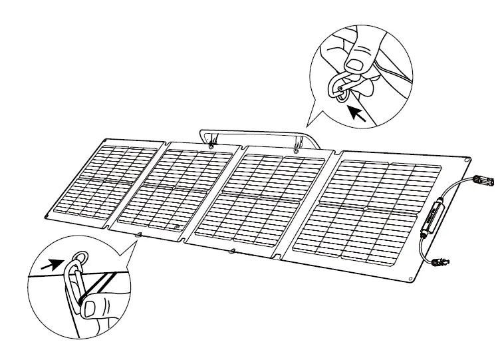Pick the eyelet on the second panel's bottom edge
tap(138, 235)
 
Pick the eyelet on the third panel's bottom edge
tap(232, 251)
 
